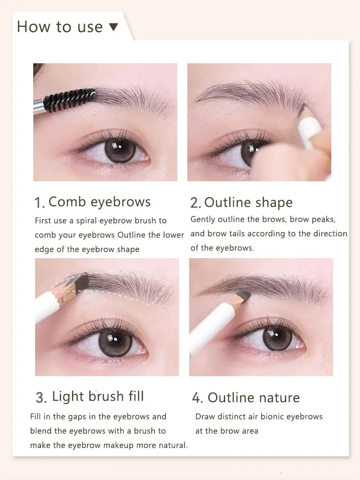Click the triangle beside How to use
[x=113, y=27]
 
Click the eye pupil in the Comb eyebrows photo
[x=117, y=149]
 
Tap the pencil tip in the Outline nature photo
[x=245, y=296]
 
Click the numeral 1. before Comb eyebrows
[x=39, y=203]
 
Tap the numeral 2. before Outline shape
[x=195, y=203]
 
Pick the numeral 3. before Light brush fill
[x=41, y=398]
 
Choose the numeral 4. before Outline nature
[x=197, y=398]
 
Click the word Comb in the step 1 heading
[x=67, y=202]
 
